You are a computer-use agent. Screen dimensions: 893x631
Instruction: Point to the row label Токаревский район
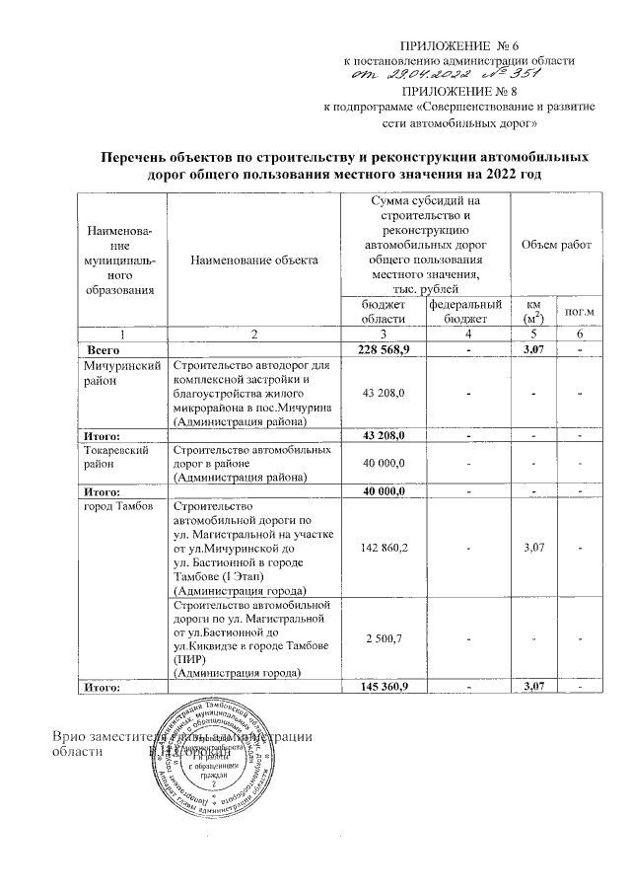pyautogui.click(x=120, y=456)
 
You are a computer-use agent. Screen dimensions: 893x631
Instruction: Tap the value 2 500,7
pyautogui.click(x=386, y=638)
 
